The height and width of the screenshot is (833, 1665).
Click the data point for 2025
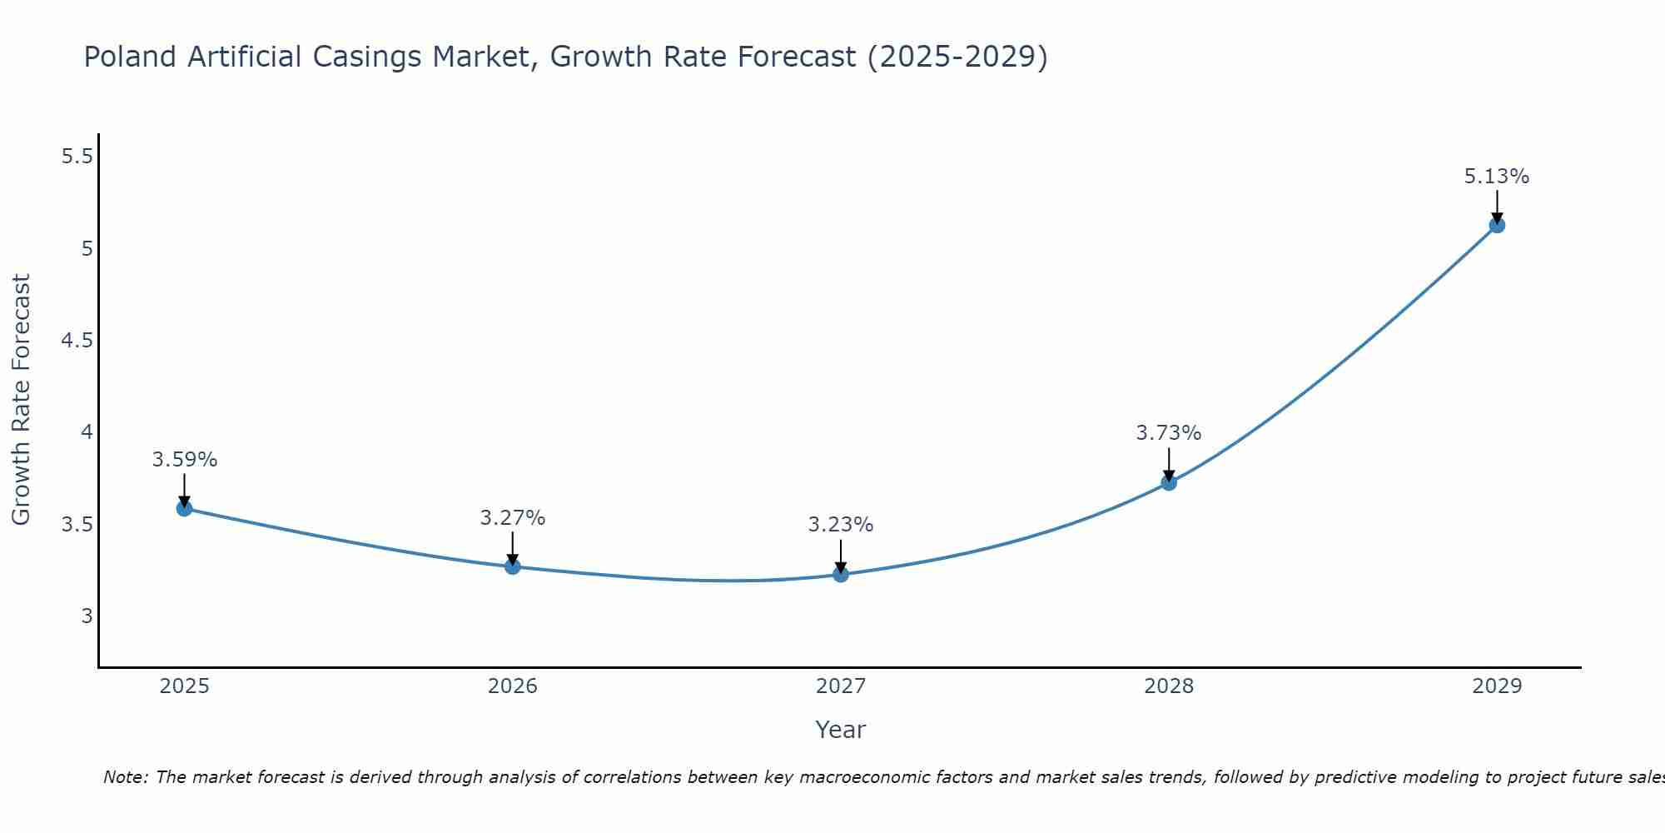[185, 508]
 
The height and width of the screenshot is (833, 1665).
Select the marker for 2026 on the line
[513, 566]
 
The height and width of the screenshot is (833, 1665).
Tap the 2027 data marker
[841, 574]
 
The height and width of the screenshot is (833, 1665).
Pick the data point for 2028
[1169, 482]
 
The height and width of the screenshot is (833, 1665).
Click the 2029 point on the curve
[1497, 225]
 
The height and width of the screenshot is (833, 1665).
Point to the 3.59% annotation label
[185, 460]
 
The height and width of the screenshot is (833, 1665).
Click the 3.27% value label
[513, 518]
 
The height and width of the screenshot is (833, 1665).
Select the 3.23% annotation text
[841, 525]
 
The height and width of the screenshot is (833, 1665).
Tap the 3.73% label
[1169, 433]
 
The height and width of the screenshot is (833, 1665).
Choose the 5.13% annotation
[1497, 177]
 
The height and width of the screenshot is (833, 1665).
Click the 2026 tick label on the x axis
[513, 686]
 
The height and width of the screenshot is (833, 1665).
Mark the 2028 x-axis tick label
[1169, 686]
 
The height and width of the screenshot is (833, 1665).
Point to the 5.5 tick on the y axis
[77, 157]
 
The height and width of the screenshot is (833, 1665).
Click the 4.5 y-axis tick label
[77, 341]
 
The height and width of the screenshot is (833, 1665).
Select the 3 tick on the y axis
[87, 616]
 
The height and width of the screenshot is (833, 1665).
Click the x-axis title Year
[841, 730]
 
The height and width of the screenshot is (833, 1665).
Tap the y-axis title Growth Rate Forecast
[21, 400]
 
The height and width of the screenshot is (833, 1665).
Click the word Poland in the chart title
[131, 57]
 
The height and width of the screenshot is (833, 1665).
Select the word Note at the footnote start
[125, 777]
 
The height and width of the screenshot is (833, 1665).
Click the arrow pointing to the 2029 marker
[1497, 206]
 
